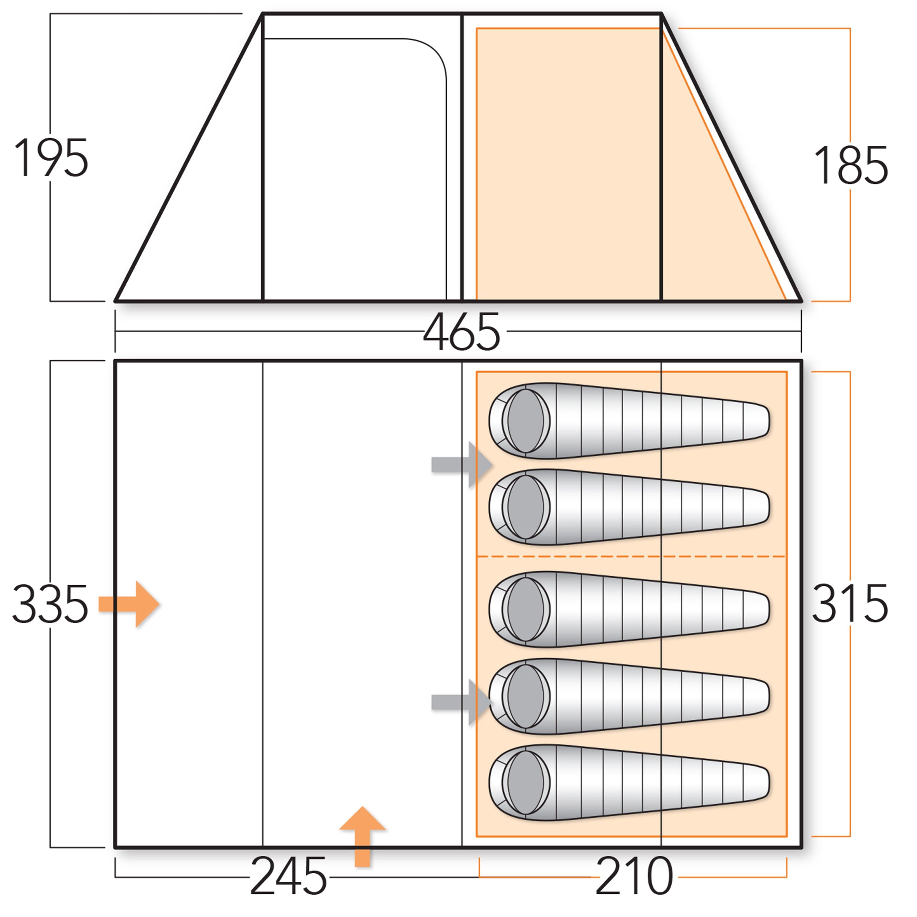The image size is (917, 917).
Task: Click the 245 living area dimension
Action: (x=288, y=876)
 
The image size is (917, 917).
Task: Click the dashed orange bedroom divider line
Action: (x=631, y=556)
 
